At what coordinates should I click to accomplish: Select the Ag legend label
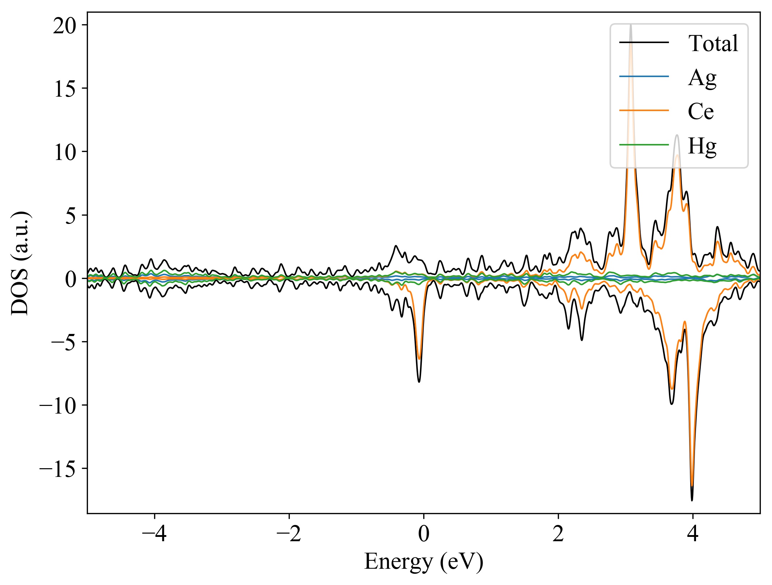(x=702, y=77)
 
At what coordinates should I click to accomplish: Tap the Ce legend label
(x=700, y=111)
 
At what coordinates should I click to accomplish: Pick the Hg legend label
(x=702, y=146)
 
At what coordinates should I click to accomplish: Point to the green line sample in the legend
(x=644, y=145)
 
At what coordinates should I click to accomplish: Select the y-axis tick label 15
(x=65, y=89)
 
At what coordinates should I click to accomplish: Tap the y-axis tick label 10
(x=65, y=152)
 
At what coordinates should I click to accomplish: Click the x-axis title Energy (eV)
(x=423, y=562)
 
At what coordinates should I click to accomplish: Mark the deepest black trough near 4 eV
(x=692, y=500)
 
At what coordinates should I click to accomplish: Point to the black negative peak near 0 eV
(x=419, y=382)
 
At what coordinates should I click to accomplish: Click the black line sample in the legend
(x=644, y=43)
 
